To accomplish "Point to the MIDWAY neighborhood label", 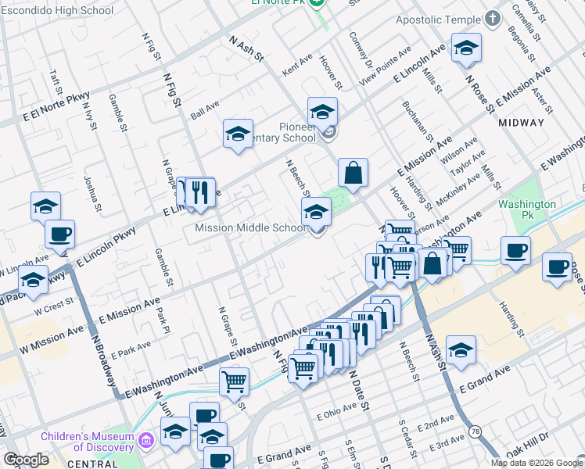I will pyautogui.click(x=521, y=123).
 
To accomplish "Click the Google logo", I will pyautogui.click(x=27, y=460).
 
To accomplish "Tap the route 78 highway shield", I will pyautogui.click(x=475, y=431).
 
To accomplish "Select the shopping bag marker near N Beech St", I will pyautogui.click(x=354, y=173).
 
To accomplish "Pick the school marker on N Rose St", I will pyautogui.click(x=467, y=51).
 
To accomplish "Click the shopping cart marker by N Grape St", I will pyautogui.click(x=235, y=382).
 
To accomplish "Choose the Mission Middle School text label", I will pyautogui.click(x=250, y=228).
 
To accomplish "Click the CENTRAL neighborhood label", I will pyautogui.click(x=92, y=464).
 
